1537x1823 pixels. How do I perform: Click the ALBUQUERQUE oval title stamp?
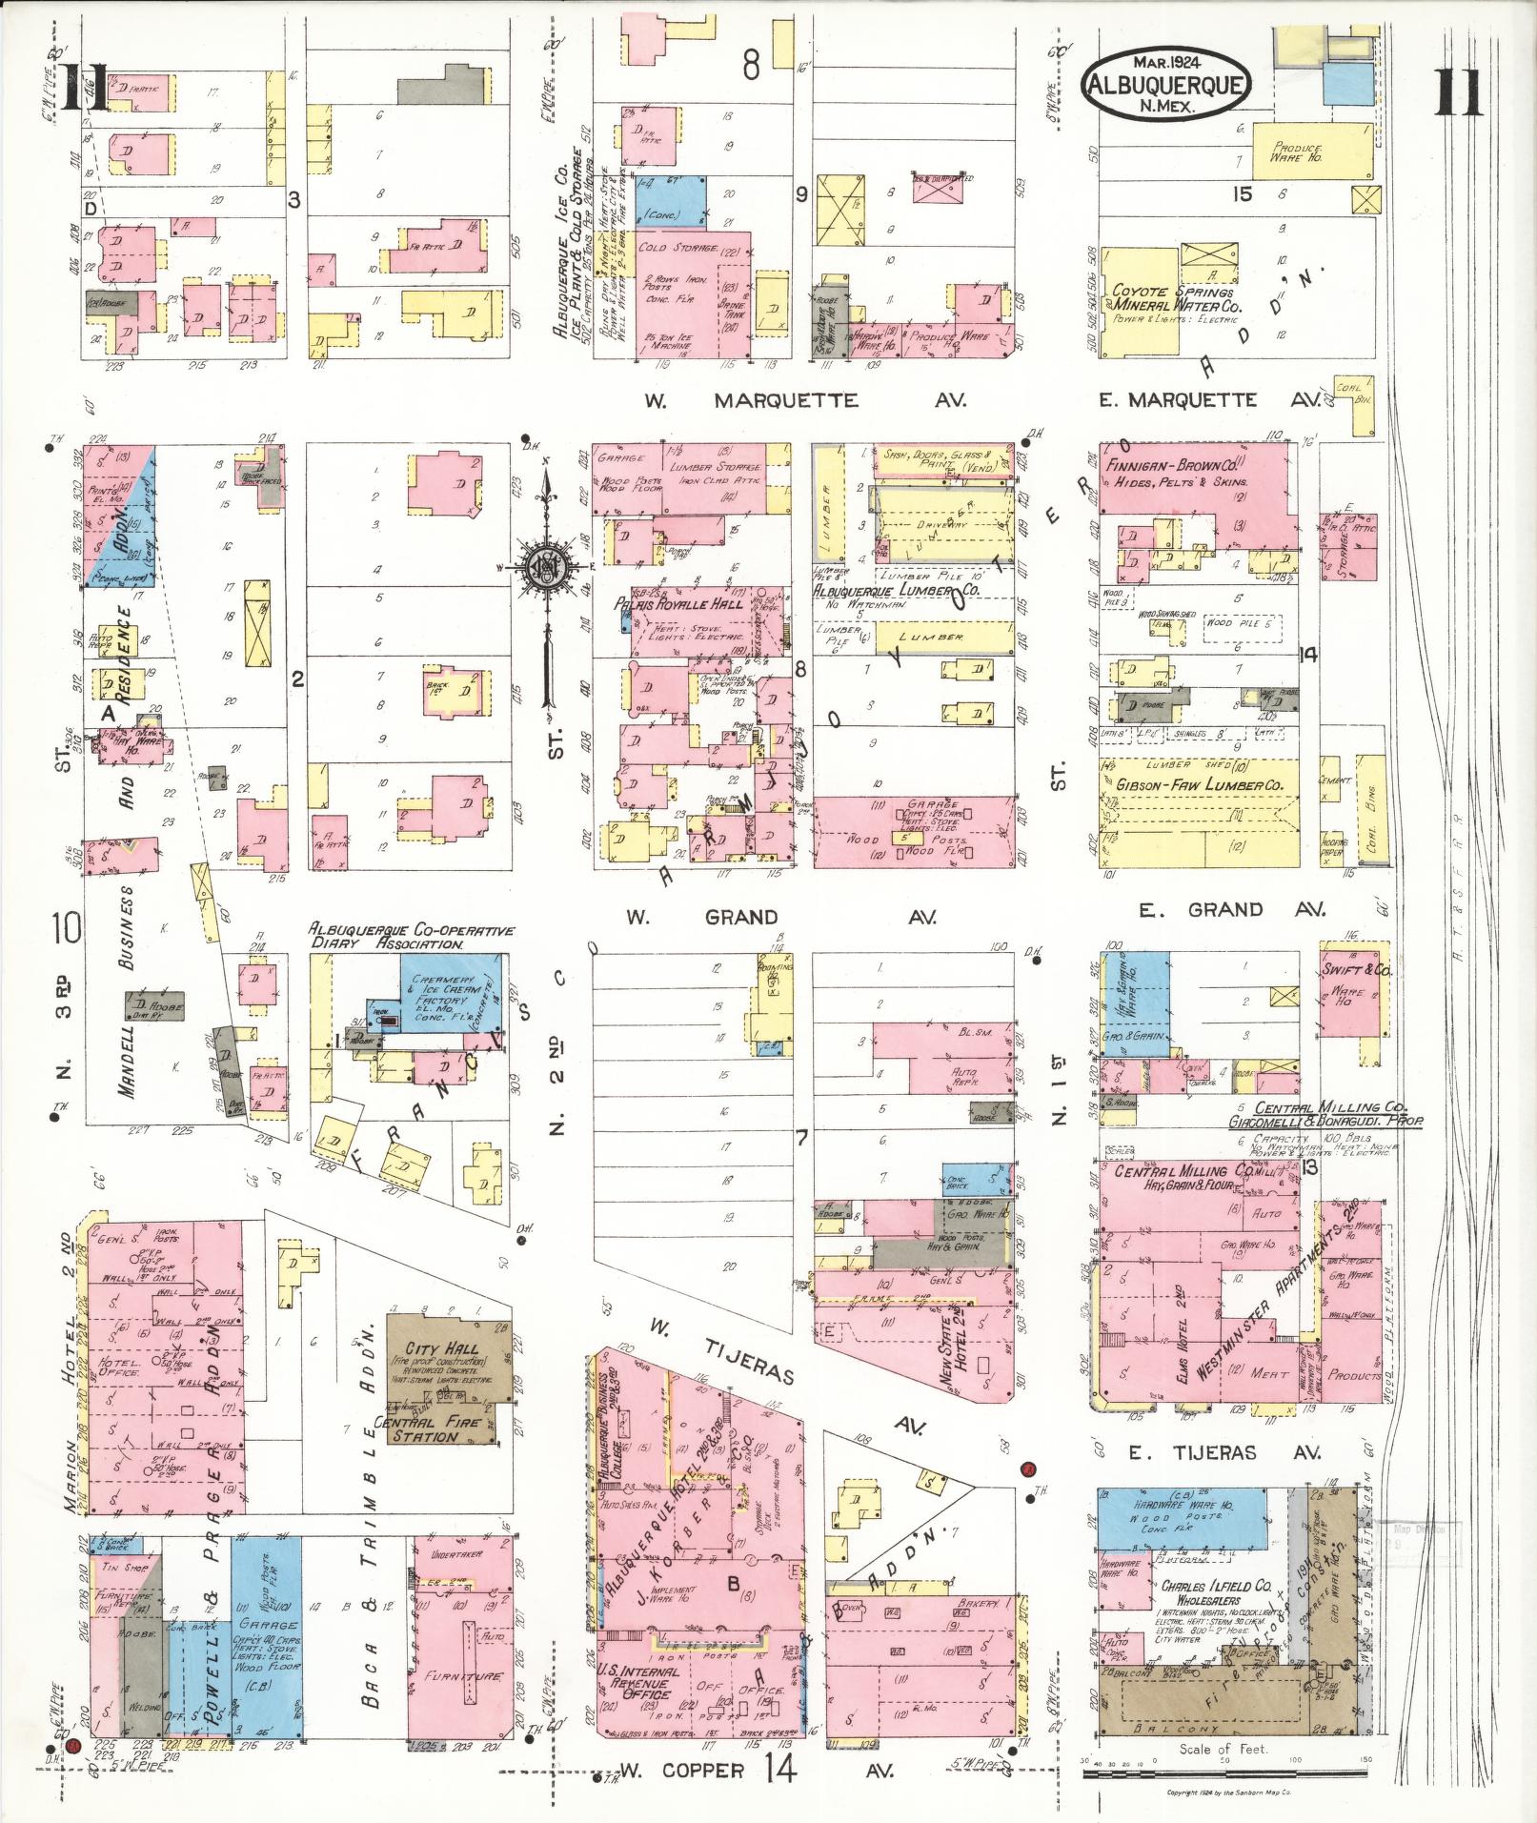1165,84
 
